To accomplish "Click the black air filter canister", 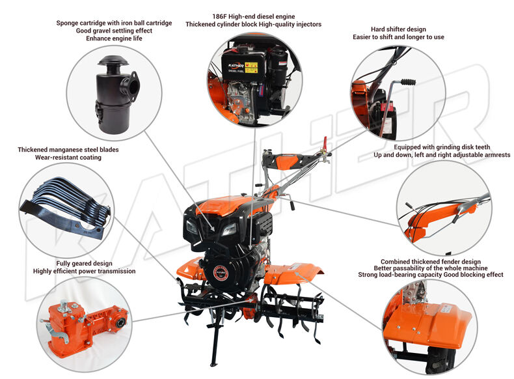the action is (x=115, y=95).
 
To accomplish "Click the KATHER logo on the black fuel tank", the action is (x=236, y=66).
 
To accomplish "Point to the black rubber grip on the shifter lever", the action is (x=408, y=81).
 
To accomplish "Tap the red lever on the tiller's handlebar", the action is (x=325, y=143).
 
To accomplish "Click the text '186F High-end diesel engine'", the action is (x=253, y=16).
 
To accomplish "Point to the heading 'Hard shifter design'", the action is (x=398, y=29).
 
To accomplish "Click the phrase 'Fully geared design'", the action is (x=84, y=263).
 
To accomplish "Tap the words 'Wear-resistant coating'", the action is (x=68, y=157).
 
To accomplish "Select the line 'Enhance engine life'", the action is (x=114, y=38).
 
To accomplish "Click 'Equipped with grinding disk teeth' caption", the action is (x=442, y=147).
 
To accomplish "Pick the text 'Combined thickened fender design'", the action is (x=431, y=262).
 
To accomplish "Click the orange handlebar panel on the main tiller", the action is (x=287, y=161).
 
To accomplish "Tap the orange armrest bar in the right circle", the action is (x=439, y=217).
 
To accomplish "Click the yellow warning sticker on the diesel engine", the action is (x=251, y=67).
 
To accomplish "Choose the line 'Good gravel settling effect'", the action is (x=114, y=31).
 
